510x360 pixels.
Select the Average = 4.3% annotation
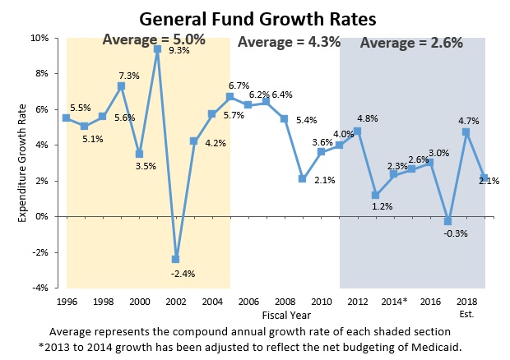tap(289, 42)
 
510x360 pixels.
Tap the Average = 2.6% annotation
tap(411, 43)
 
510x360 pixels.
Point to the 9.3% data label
tap(178, 51)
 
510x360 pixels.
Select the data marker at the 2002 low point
tap(174, 259)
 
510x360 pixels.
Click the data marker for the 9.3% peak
tap(156, 49)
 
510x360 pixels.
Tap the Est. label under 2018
tap(466, 313)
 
